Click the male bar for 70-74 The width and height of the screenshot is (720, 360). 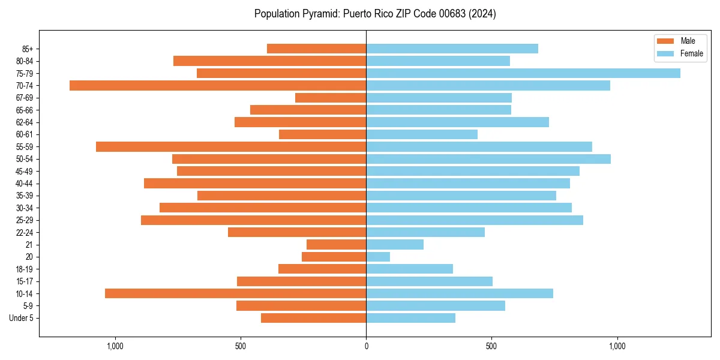click(218, 85)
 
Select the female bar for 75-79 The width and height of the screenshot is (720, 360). click(523, 73)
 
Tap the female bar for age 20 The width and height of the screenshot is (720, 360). click(378, 257)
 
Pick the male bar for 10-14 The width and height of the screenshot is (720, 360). click(235, 293)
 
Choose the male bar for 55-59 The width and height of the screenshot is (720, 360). click(231, 146)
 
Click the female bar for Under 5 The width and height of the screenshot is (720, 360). click(410, 318)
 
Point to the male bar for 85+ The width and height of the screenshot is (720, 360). click(316, 49)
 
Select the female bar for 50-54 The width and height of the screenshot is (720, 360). click(488, 159)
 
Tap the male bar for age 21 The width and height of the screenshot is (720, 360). click(336, 245)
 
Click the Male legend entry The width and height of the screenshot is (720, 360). click(688, 41)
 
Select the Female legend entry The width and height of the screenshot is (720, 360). click(691, 53)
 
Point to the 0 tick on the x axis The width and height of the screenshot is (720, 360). click(366, 346)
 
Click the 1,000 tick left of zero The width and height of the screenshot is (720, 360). click(115, 346)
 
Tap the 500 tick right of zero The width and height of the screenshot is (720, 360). click(491, 346)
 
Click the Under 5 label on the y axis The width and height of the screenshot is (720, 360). click(21, 318)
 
